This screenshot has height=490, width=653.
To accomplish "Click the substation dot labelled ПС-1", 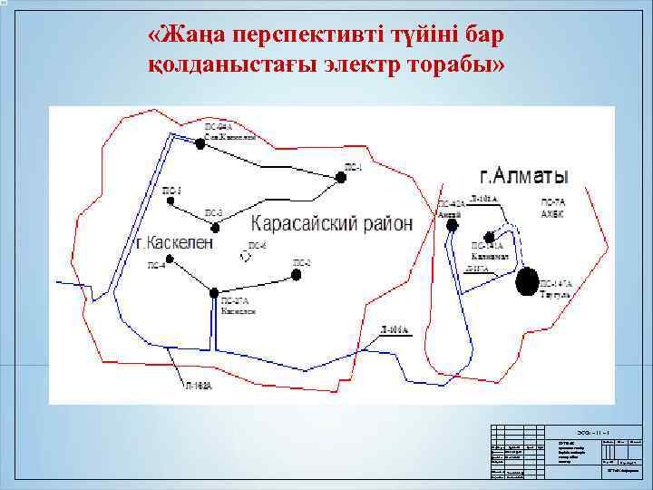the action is tap(341, 178).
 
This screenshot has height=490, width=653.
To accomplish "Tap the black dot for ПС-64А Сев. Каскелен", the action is tap(200, 143).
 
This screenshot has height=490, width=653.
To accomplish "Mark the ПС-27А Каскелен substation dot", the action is tap(214, 292).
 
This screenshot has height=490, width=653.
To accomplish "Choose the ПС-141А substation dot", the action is tap(490, 237).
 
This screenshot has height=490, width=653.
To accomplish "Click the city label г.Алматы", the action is tap(523, 175).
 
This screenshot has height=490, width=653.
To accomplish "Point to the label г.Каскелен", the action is tap(175, 243).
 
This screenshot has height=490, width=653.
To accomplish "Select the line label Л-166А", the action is tap(395, 329).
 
